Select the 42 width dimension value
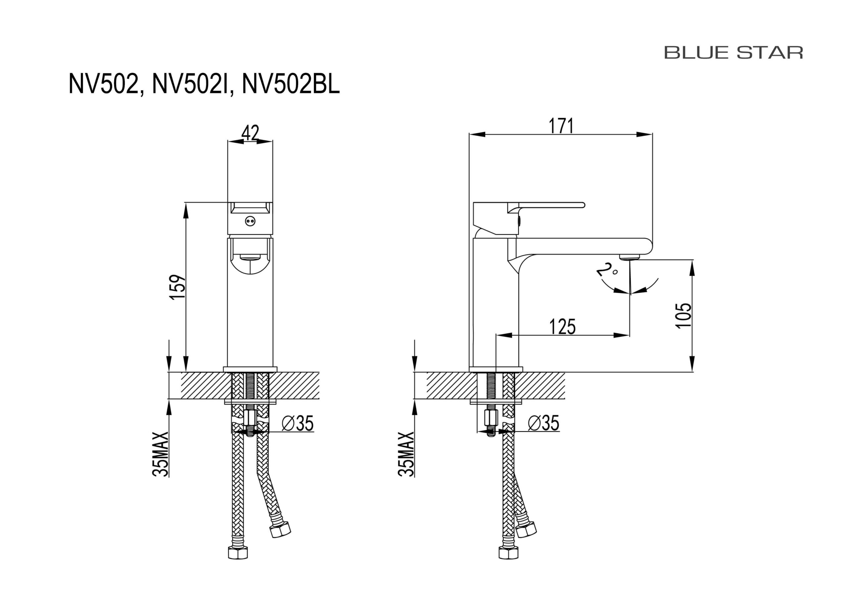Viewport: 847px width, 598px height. [x=250, y=133]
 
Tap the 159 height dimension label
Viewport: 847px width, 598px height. [x=178, y=287]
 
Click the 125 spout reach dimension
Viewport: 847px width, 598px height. [x=562, y=326]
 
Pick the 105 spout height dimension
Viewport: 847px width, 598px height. [x=683, y=316]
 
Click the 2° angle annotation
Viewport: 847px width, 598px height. [x=606, y=270]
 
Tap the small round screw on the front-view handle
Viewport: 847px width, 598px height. [x=250, y=221]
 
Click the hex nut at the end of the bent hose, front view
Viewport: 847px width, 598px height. [x=280, y=530]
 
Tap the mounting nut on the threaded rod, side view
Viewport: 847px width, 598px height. [x=491, y=418]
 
